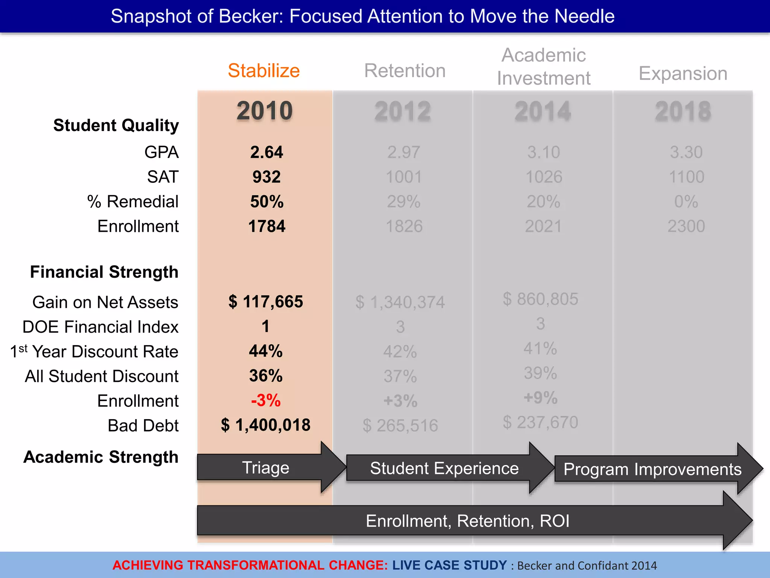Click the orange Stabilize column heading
264,71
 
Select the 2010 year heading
265,111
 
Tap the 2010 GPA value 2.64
267,152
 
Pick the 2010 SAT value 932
267,177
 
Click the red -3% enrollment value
266,400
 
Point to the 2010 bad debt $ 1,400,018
266,425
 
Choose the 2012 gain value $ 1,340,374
400,302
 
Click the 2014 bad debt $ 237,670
540,422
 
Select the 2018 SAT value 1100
686,177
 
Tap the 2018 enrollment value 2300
686,227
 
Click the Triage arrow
266,468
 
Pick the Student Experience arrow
444,468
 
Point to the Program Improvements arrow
652,469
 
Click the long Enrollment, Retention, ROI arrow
467,521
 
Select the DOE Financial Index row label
100,327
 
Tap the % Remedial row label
133,202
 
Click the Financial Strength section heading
104,272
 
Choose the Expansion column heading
683,73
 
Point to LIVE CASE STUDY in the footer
450,565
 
